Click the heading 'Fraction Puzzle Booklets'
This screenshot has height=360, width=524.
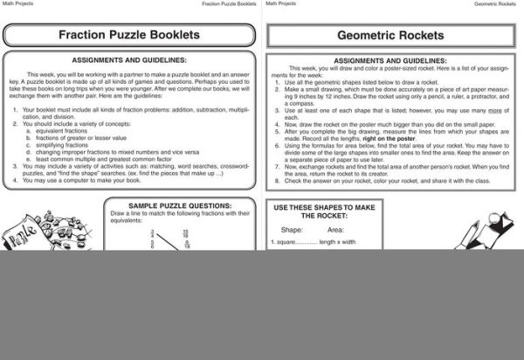pos(128,36)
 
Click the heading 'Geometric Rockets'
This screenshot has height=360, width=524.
pos(390,36)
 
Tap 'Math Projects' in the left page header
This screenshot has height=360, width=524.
pos(17,4)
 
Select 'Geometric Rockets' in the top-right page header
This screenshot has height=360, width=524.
pos(498,4)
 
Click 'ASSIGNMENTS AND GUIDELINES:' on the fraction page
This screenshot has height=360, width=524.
pos(129,60)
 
